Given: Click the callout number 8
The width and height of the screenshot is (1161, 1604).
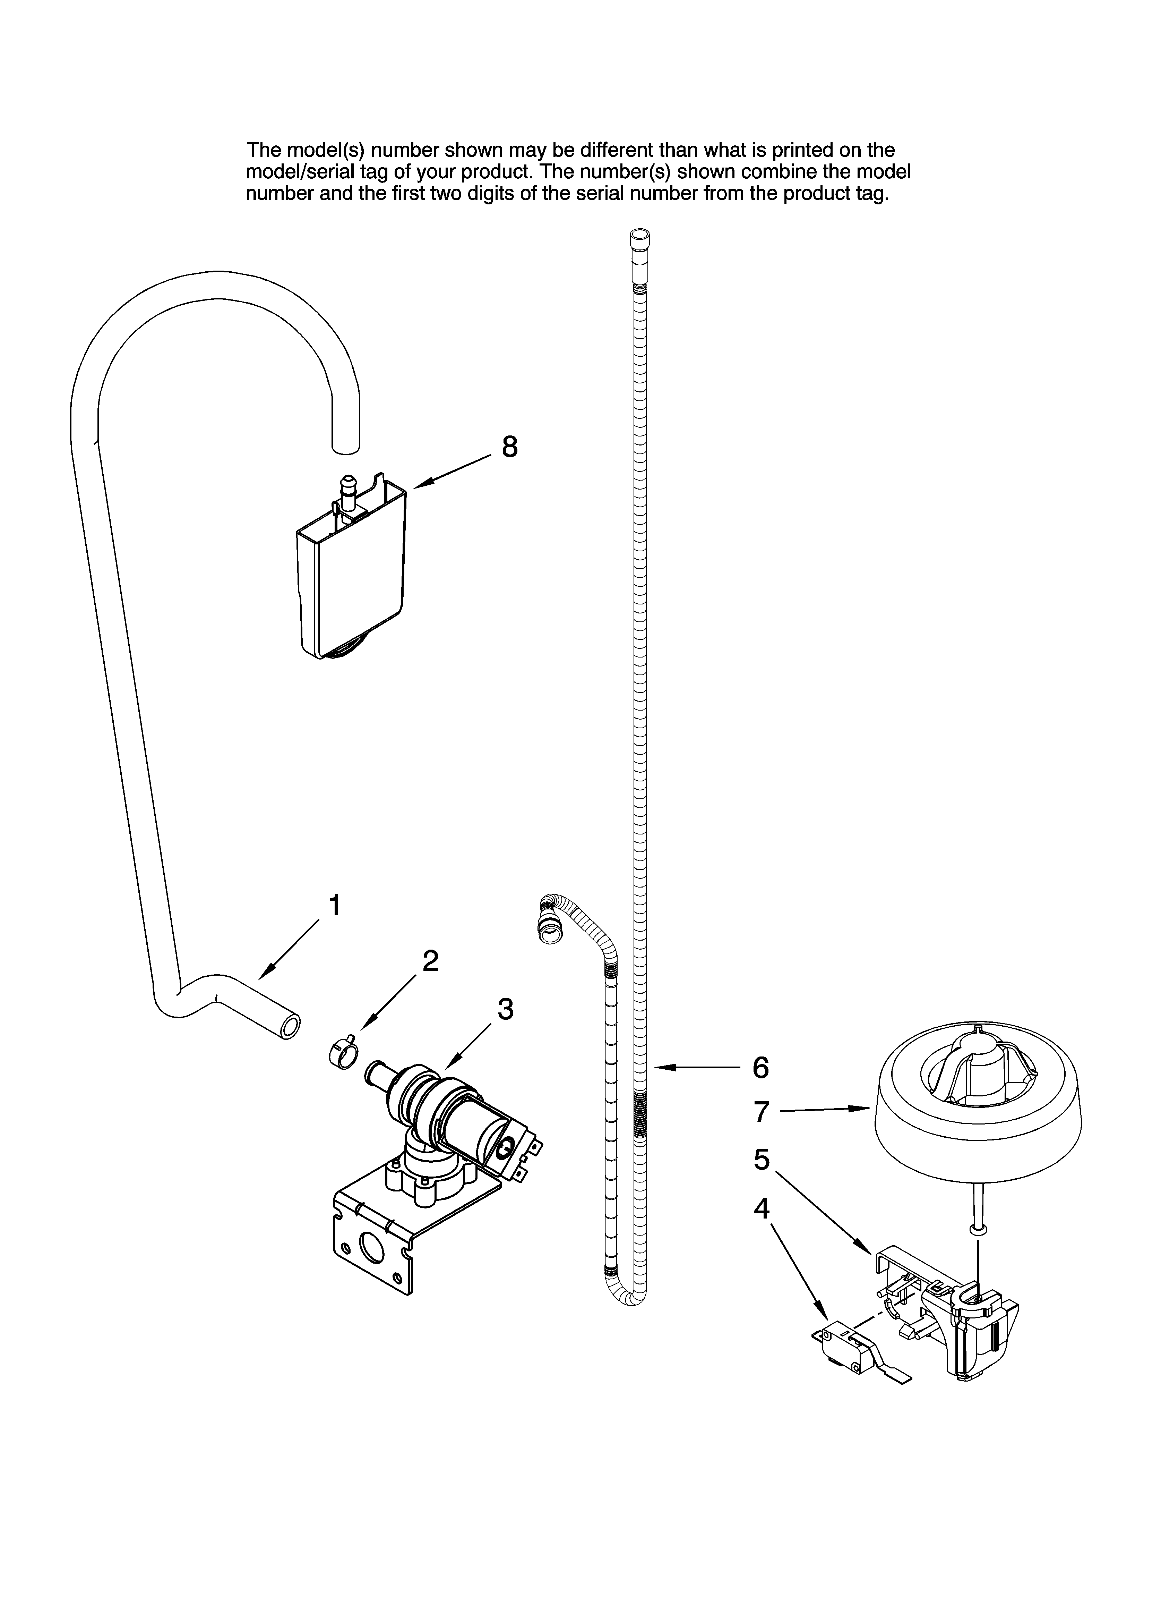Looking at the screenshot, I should tap(509, 447).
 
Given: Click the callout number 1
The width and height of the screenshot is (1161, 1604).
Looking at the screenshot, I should tap(334, 905).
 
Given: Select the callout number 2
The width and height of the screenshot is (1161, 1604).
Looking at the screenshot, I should tap(430, 960).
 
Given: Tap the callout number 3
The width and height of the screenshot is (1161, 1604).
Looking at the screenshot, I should tap(505, 1009).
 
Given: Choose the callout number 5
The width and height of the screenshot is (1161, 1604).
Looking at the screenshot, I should tap(761, 1160).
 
